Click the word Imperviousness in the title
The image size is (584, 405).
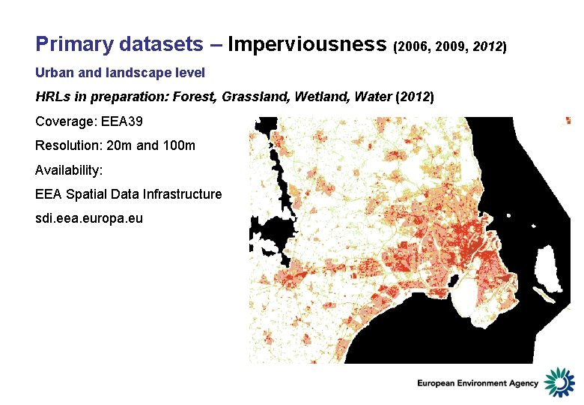tap(307, 44)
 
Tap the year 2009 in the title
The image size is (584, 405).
tap(448, 47)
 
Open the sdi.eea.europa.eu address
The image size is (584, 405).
tap(89, 218)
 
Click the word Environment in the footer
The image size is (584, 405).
tap(477, 383)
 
